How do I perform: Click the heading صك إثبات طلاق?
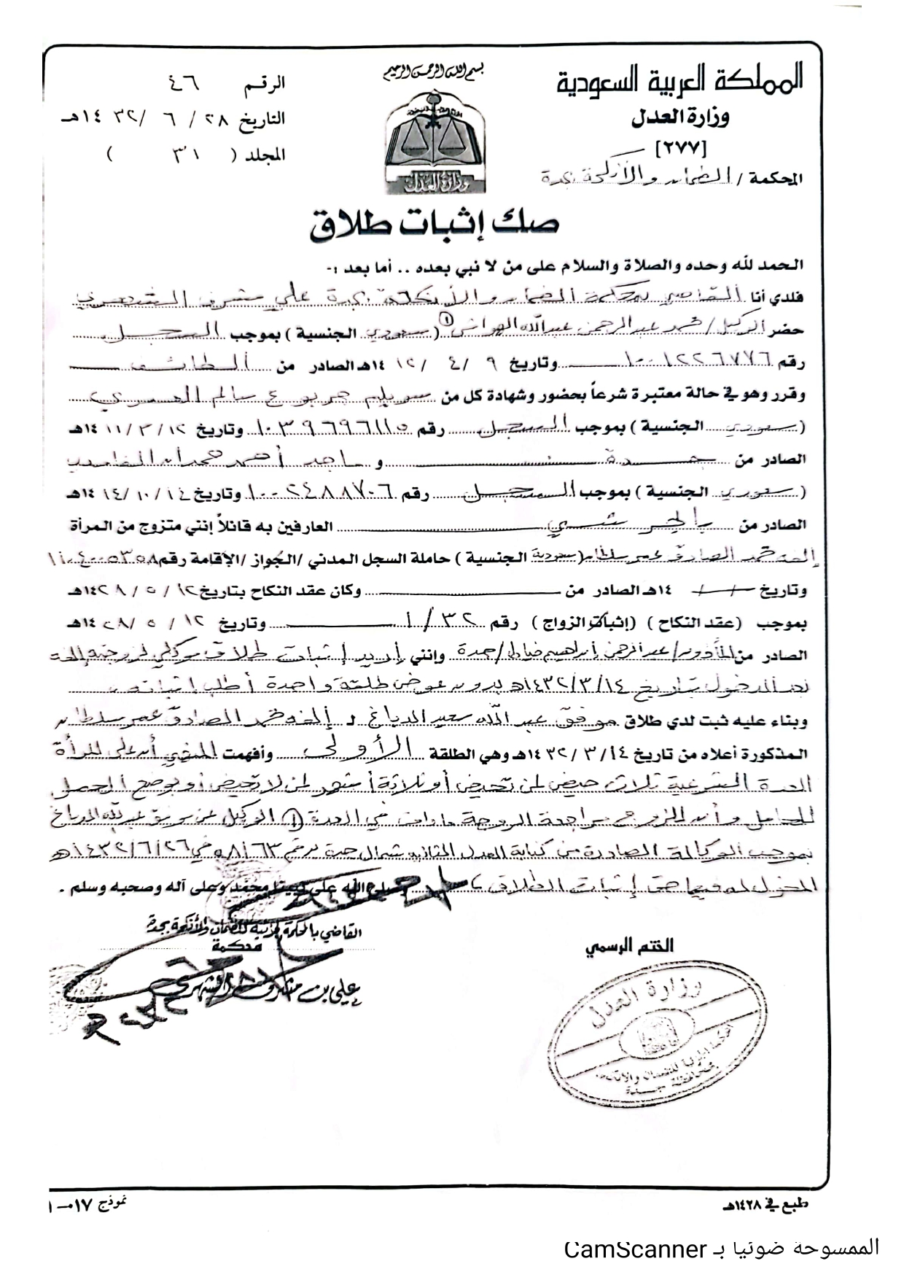coord(435,223)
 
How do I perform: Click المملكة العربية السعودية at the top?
coord(679,79)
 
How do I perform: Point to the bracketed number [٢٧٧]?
coord(681,147)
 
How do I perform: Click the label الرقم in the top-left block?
coord(264,85)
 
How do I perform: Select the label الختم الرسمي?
coord(629,947)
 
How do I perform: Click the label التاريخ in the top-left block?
coord(263,119)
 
